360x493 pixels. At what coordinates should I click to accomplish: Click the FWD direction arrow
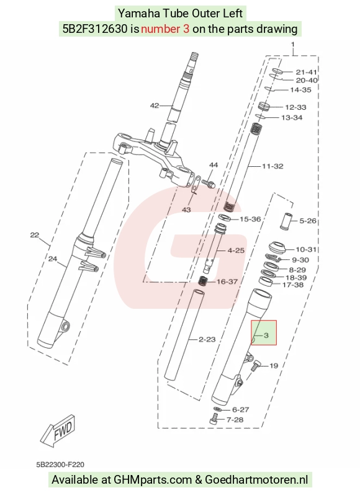click(x=58, y=430)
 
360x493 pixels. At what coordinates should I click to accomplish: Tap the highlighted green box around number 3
click(x=264, y=332)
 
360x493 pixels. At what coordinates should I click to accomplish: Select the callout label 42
click(x=155, y=105)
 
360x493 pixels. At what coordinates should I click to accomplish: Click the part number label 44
click(x=214, y=165)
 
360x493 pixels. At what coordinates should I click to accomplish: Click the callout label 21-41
click(x=307, y=73)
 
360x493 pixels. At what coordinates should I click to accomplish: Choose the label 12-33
click(x=295, y=107)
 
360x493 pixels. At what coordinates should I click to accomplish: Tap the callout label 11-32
click(x=272, y=166)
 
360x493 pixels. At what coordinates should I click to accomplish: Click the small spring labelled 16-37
click(x=203, y=280)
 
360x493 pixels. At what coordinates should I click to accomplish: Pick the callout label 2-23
click(x=207, y=339)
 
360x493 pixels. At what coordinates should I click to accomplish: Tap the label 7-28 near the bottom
click(x=235, y=420)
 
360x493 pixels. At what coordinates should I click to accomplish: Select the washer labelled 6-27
click(x=217, y=409)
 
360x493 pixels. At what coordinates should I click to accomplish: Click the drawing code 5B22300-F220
click(x=60, y=464)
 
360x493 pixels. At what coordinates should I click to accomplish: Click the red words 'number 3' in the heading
click(x=165, y=29)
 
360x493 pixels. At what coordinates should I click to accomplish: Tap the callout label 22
click(x=35, y=235)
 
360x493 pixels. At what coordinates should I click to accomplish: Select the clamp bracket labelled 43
click(x=195, y=186)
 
